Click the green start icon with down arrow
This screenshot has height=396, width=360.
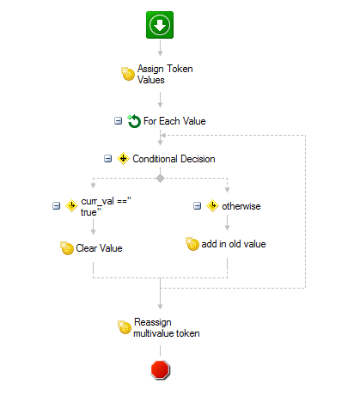(x=160, y=25)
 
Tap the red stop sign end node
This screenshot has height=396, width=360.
(x=161, y=369)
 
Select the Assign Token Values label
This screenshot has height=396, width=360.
(x=165, y=74)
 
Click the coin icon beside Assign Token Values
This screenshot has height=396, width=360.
(x=128, y=74)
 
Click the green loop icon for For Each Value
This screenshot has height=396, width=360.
(x=134, y=121)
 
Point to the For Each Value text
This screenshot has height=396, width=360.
(x=174, y=121)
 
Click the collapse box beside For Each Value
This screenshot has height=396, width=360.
(x=118, y=121)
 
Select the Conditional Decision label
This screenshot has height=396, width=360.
(x=174, y=159)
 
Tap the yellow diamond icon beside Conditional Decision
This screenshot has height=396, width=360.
(x=123, y=159)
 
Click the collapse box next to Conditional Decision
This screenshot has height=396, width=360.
(x=107, y=159)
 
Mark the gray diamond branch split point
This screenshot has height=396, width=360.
(x=160, y=179)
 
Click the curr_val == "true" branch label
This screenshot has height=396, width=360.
(x=106, y=206)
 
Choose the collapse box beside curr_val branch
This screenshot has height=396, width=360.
(x=56, y=206)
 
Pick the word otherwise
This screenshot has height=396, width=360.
(x=241, y=206)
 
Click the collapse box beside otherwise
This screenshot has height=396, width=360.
(x=197, y=206)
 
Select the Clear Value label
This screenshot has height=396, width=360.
(x=99, y=248)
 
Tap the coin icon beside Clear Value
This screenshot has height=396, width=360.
(x=67, y=248)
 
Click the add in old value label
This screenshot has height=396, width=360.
(x=234, y=244)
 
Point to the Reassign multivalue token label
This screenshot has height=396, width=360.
(x=167, y=328)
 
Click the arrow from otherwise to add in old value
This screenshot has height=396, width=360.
(x=227, y=222)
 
